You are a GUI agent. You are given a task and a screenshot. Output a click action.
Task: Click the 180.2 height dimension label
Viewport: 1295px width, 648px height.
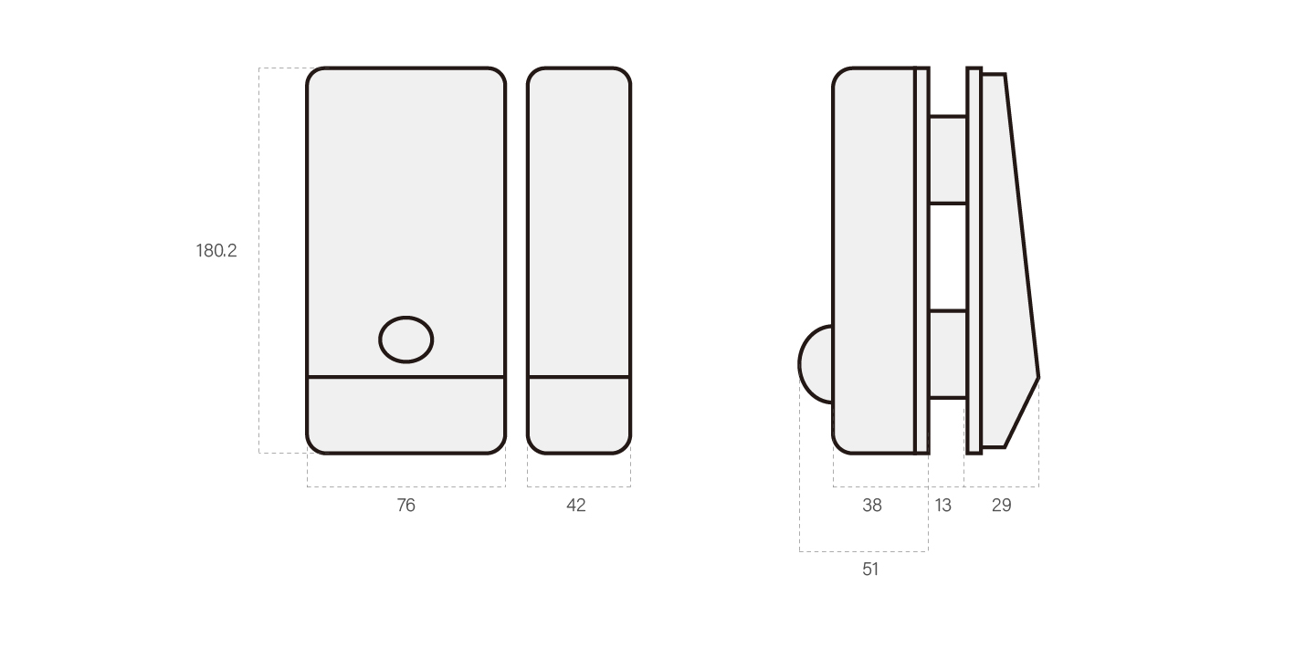(x=216, y=250)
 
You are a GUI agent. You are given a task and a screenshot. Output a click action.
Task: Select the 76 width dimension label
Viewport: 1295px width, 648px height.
(x=405, y=505)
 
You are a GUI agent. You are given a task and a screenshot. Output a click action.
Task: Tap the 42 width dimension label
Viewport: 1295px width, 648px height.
(x=576, y=505)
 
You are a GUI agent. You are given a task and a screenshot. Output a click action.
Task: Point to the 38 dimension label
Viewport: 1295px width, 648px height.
(x=872, y=505)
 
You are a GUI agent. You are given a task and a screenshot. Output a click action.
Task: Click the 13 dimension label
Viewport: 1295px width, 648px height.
(x=942, y=505)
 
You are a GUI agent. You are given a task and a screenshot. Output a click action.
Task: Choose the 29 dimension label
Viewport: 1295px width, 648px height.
(x=1001, y=505)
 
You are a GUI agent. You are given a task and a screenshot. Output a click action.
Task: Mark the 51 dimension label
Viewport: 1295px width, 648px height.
(x=870, y=569)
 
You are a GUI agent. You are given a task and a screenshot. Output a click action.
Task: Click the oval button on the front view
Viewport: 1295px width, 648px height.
(x=406, y=340)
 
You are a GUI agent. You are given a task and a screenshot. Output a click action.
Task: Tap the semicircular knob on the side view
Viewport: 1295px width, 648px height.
(x=816, y=364)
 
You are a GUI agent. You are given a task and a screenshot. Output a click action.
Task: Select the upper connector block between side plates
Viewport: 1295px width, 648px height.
(x=947, y=160)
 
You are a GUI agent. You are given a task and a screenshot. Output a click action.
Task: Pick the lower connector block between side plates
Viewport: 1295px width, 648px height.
(x=947, y=354)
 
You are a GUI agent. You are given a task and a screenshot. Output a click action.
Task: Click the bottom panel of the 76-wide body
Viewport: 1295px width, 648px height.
(x=405, y=415)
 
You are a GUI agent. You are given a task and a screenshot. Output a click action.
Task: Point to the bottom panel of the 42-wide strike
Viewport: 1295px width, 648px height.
(x=578, y=415)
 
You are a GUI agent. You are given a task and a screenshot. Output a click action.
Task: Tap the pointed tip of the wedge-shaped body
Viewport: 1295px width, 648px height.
(x=1037, y=376)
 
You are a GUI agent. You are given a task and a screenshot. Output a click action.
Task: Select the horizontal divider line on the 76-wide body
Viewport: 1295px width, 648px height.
(x=405, y=376)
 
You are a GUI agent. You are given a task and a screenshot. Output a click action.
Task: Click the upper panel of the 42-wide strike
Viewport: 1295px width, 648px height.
(x=578, y=219)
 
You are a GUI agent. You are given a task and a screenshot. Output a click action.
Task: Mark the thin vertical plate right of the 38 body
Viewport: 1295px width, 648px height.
(x=921, y=260)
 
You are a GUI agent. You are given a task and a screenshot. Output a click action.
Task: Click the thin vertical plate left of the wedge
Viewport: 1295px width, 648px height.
(x=974, y=260)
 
